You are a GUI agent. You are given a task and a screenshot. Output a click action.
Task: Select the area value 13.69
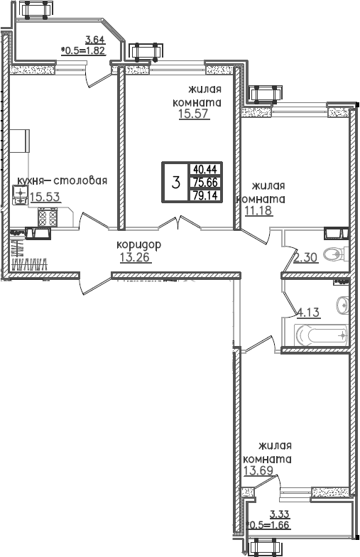(258, 471)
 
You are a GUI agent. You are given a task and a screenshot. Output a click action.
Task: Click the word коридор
(139, 244)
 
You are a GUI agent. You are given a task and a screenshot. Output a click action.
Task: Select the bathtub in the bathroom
(322, 335)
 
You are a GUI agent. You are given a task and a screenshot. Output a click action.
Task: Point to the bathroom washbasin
(342, 304)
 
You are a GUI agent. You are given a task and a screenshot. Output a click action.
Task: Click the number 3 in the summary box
(175, 183)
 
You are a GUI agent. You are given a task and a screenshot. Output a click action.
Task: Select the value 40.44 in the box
(204, 169)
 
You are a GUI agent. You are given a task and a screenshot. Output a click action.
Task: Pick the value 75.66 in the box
(204, 182)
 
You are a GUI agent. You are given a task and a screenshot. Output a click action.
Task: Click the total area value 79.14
(204, 195)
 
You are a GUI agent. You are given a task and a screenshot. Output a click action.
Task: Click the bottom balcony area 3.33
(280, 515)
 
